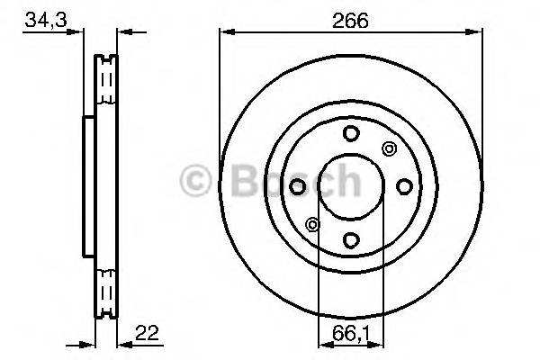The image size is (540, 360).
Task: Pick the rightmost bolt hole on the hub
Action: [404, 186]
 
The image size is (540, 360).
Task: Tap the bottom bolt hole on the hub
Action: [351, 239]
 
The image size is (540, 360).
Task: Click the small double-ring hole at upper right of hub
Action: [389, 148]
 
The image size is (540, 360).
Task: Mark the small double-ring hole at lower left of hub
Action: [313, 224]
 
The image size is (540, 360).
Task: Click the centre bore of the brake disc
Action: [351, 186]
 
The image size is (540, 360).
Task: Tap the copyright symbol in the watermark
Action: [197, 181]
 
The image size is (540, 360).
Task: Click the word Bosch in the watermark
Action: [288, 181]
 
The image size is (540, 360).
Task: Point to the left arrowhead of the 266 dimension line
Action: [226, 34]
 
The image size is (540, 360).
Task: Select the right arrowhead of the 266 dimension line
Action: [476, 34]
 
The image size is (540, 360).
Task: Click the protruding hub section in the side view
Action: [88, 186]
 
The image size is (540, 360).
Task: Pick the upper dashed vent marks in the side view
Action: [106, 85]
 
